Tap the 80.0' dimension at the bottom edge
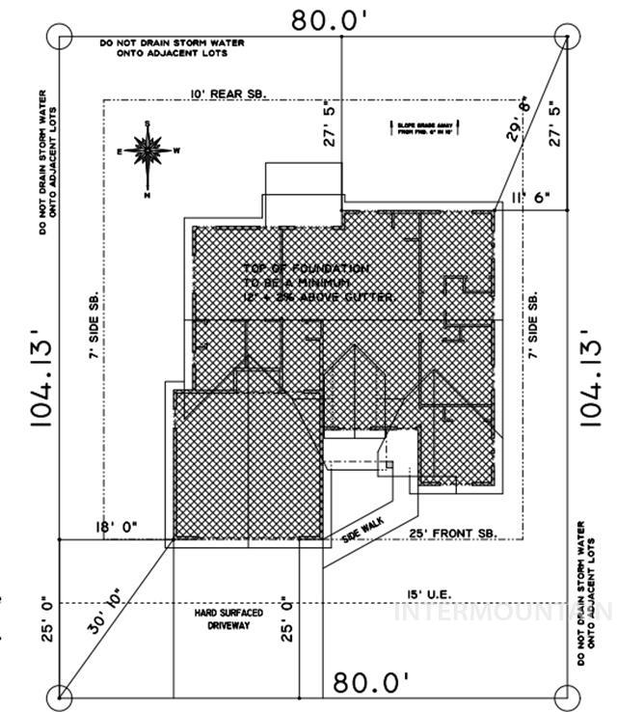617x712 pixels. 372,683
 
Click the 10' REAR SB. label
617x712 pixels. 228,93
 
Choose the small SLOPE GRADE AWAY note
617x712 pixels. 420,127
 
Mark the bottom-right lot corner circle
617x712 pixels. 569,694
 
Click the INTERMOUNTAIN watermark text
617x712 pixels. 502,612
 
